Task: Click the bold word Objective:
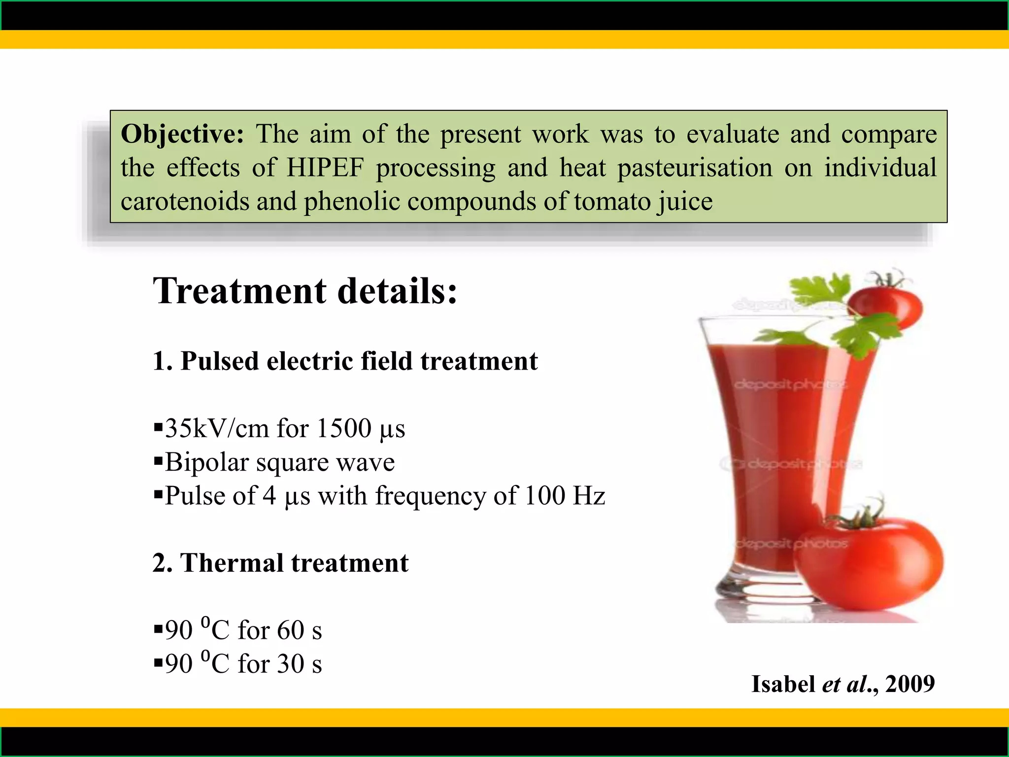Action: coord(182,134)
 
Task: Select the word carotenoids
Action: coord(185,201)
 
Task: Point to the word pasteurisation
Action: coord(695,168)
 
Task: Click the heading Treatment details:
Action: coord(305,291)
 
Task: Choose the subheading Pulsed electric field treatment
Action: coord(359,361)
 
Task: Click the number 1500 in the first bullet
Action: coord(343,428)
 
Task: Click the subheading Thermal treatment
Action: coord(295,563)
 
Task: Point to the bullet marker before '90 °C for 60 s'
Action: coord(158,629)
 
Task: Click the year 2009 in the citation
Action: coord(910,684)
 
